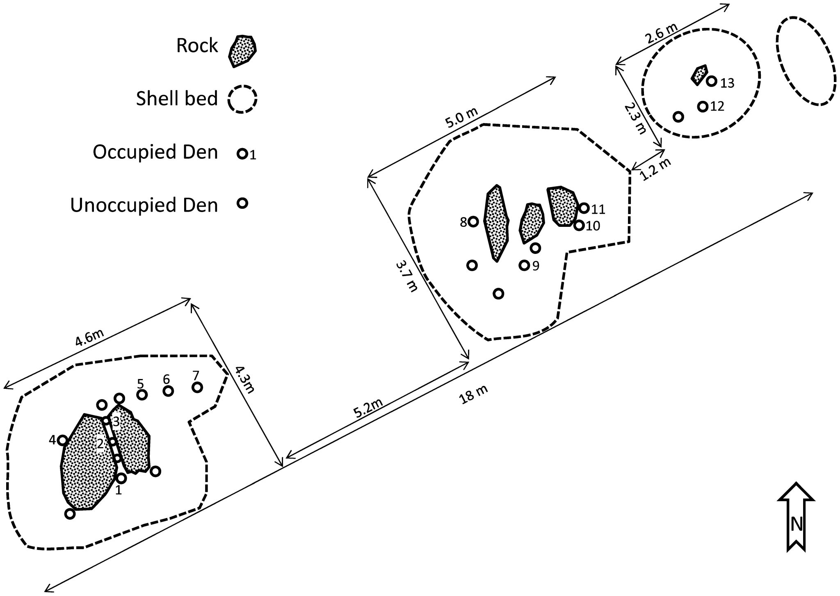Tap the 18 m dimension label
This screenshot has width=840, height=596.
pos(474,395)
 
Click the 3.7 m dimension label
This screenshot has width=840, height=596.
pos(406,276)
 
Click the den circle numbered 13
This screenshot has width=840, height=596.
pos(712,81)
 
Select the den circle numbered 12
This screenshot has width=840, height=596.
pos(703,107)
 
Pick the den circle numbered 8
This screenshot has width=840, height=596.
pos(473,222)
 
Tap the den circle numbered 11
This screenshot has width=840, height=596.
pos(584,208)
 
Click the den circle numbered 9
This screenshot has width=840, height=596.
pos(524,265)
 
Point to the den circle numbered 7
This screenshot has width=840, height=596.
pos(197,387)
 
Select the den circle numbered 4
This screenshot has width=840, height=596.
pos(63,441)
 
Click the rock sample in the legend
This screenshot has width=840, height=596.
pos(242,50)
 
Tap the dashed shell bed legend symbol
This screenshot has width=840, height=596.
pos(242,98)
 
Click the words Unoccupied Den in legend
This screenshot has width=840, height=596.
pos(144,205)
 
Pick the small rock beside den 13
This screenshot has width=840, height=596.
pos(699,74)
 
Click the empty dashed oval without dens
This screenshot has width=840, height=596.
pos(806,67)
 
